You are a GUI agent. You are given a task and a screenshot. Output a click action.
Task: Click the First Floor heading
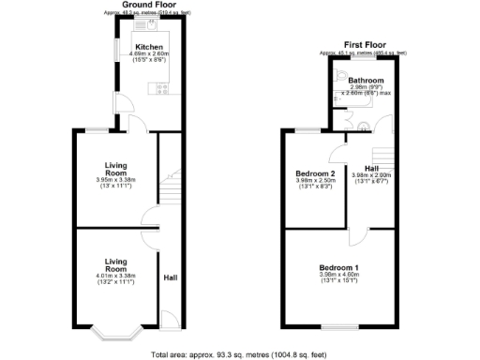(x=366, y=44)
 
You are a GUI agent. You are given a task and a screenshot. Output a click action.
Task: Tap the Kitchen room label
(x=149, y=47)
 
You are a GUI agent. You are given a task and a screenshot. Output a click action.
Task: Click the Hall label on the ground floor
(x=171, y=278)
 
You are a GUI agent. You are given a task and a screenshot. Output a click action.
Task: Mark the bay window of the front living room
(x=117, y=330)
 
